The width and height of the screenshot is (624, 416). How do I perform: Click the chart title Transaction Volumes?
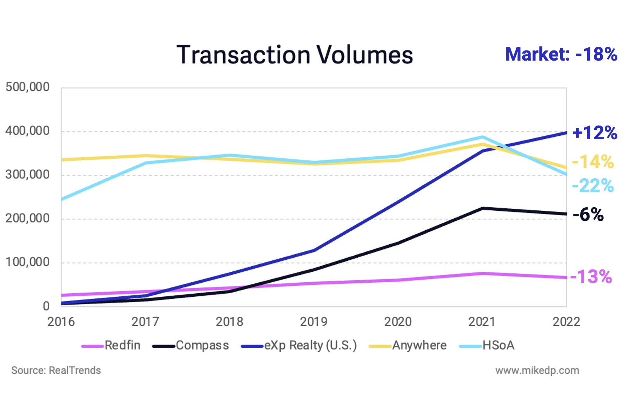pos(294,55)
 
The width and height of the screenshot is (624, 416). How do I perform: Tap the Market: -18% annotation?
pos(561,54)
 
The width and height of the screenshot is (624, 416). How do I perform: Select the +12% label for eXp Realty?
pos(594,133)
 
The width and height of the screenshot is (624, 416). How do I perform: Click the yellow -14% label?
pos(593,161)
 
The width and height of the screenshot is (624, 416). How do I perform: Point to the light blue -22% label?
pos(593,185)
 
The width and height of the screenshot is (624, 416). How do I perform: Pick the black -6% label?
pos(588,215)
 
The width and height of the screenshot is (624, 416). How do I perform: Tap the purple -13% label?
pos(591,277)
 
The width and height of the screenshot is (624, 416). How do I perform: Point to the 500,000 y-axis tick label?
pos(27,87)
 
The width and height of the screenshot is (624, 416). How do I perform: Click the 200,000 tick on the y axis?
pos(27,218)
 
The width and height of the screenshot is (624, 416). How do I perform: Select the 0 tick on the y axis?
pos(46,306)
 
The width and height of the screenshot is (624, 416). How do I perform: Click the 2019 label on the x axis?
pos(314,321)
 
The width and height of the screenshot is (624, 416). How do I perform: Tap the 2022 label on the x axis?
pos(566,321)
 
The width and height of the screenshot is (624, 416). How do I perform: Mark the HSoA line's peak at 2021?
pos(483,137)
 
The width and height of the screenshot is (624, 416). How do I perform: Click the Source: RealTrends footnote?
pos(56,370)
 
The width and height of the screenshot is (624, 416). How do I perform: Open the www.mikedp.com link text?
pos(537,370)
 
